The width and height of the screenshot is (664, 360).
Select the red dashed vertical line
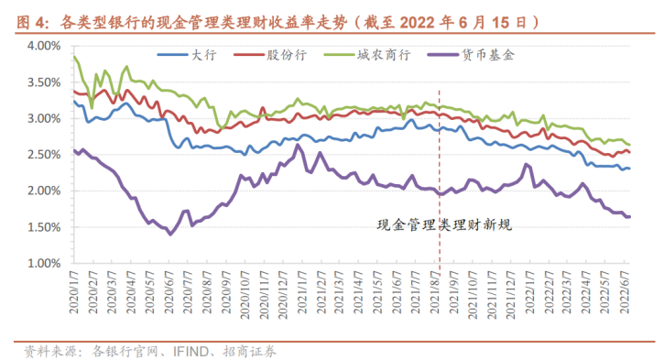(x=440, y=165)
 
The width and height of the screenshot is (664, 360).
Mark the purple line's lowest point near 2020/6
(x=170, y=234)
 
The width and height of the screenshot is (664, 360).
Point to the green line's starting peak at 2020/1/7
(x=74, y=57)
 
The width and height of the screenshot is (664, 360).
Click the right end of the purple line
(x=629, y=216)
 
